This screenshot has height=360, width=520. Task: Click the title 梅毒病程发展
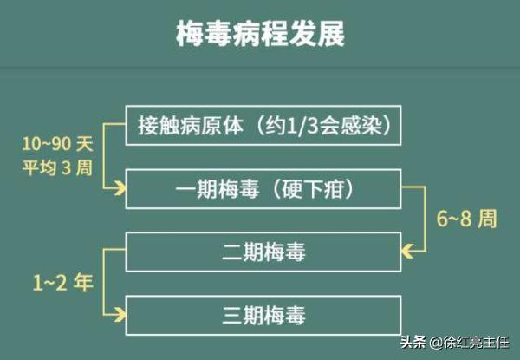pos(260,34)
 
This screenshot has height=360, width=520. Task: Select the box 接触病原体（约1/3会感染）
pos(263,126)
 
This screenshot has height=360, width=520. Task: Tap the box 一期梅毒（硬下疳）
pos(263,188)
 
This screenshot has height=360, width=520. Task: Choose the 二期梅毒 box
pos(263,252)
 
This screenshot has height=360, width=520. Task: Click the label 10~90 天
pos(56,141)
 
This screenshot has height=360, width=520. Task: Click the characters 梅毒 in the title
pos(197,34)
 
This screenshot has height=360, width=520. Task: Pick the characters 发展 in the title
pos(323,34)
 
